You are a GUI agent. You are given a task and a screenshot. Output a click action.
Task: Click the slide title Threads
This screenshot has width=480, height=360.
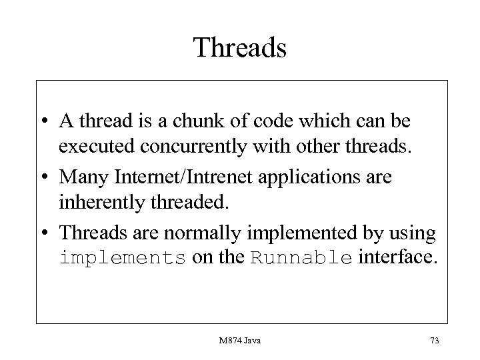coord(240,48)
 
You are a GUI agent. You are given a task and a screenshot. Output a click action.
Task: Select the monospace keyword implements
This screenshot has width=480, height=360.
coord(122,259)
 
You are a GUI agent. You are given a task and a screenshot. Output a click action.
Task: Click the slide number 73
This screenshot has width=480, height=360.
coord(435,341)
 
